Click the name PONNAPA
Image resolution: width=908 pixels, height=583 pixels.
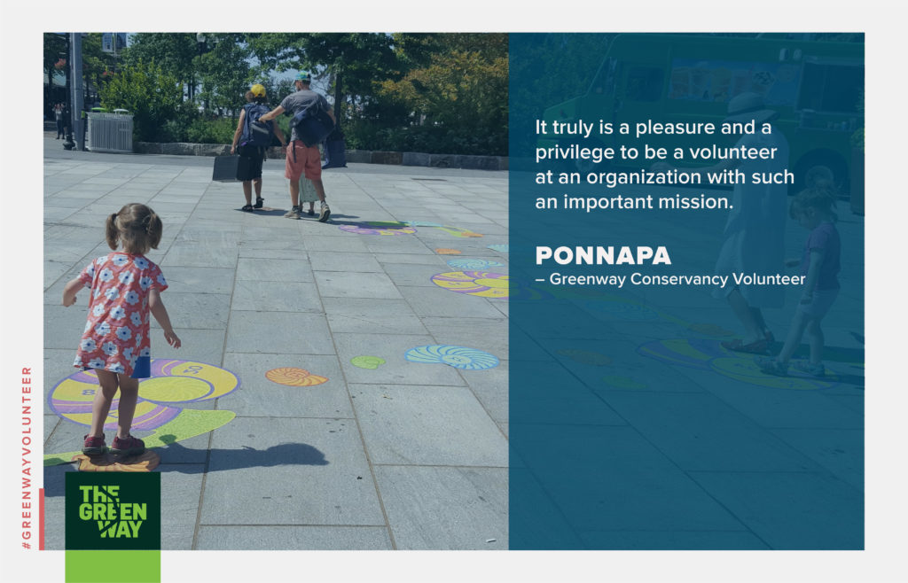(603, 256)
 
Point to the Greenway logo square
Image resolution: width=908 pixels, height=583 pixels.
(113, 510)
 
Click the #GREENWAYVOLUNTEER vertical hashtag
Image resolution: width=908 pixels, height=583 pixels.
(27, 457)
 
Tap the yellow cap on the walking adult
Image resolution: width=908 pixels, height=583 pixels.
(257, 90)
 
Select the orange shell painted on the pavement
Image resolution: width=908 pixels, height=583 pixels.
(296, 377)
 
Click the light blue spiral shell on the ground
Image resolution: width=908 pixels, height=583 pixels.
(452, 357)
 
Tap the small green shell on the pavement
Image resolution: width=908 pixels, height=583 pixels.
(368, 362)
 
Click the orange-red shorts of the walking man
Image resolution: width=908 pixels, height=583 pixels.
(303, 159)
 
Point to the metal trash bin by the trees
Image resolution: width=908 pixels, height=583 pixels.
(110, 131)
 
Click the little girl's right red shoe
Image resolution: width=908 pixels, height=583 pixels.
(128, 444)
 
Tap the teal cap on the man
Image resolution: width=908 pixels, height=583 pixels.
(301, 76)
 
